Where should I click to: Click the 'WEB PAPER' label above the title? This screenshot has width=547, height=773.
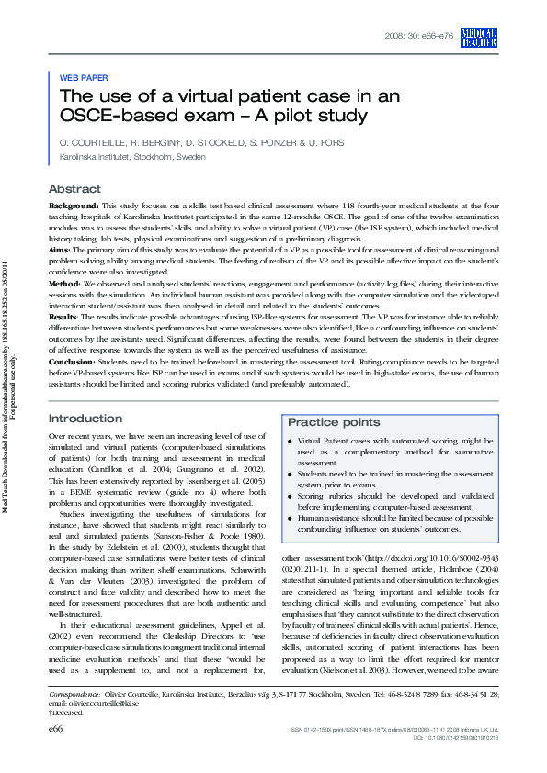tap(83, 79)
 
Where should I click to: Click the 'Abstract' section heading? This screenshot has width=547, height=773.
tap(74, 188)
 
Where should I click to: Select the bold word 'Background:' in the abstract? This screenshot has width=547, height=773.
tap(74, 207)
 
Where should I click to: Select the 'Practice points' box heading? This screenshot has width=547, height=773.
tap(333, 422)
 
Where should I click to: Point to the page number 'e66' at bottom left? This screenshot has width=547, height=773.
tap(55, 753)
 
